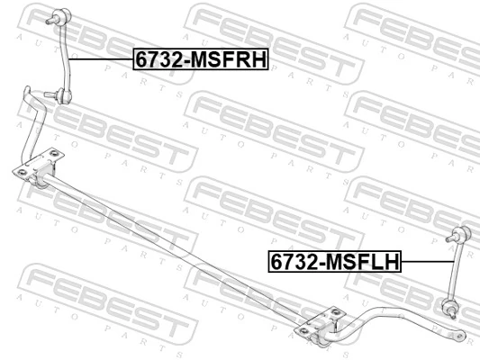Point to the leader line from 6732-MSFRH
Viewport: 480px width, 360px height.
point(101,58)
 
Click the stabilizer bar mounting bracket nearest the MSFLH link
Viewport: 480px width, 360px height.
point(324,326)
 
